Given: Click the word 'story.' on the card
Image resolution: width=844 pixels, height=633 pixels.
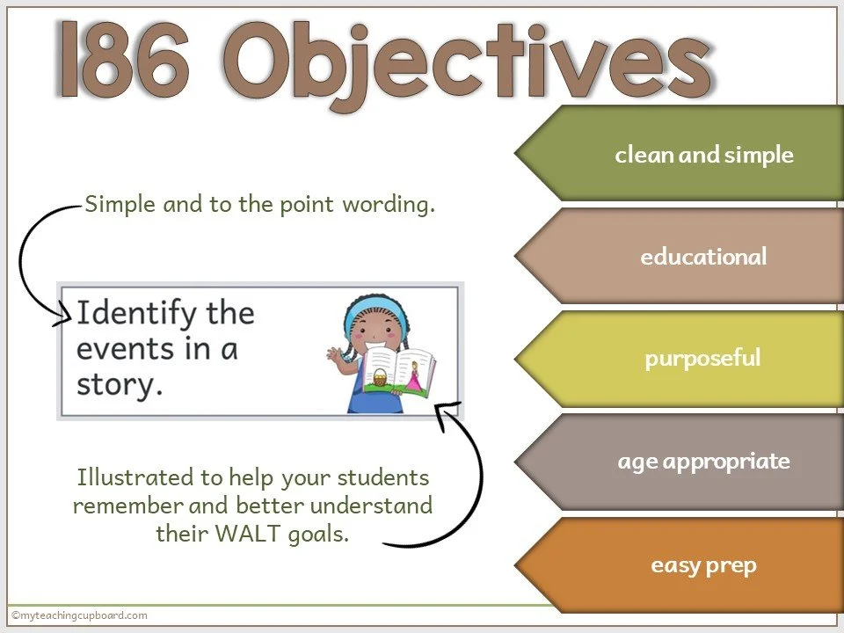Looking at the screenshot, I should [x=120, y=385].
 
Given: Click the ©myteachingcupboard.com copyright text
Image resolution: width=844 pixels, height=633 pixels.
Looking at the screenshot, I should [x=79, y=615].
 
